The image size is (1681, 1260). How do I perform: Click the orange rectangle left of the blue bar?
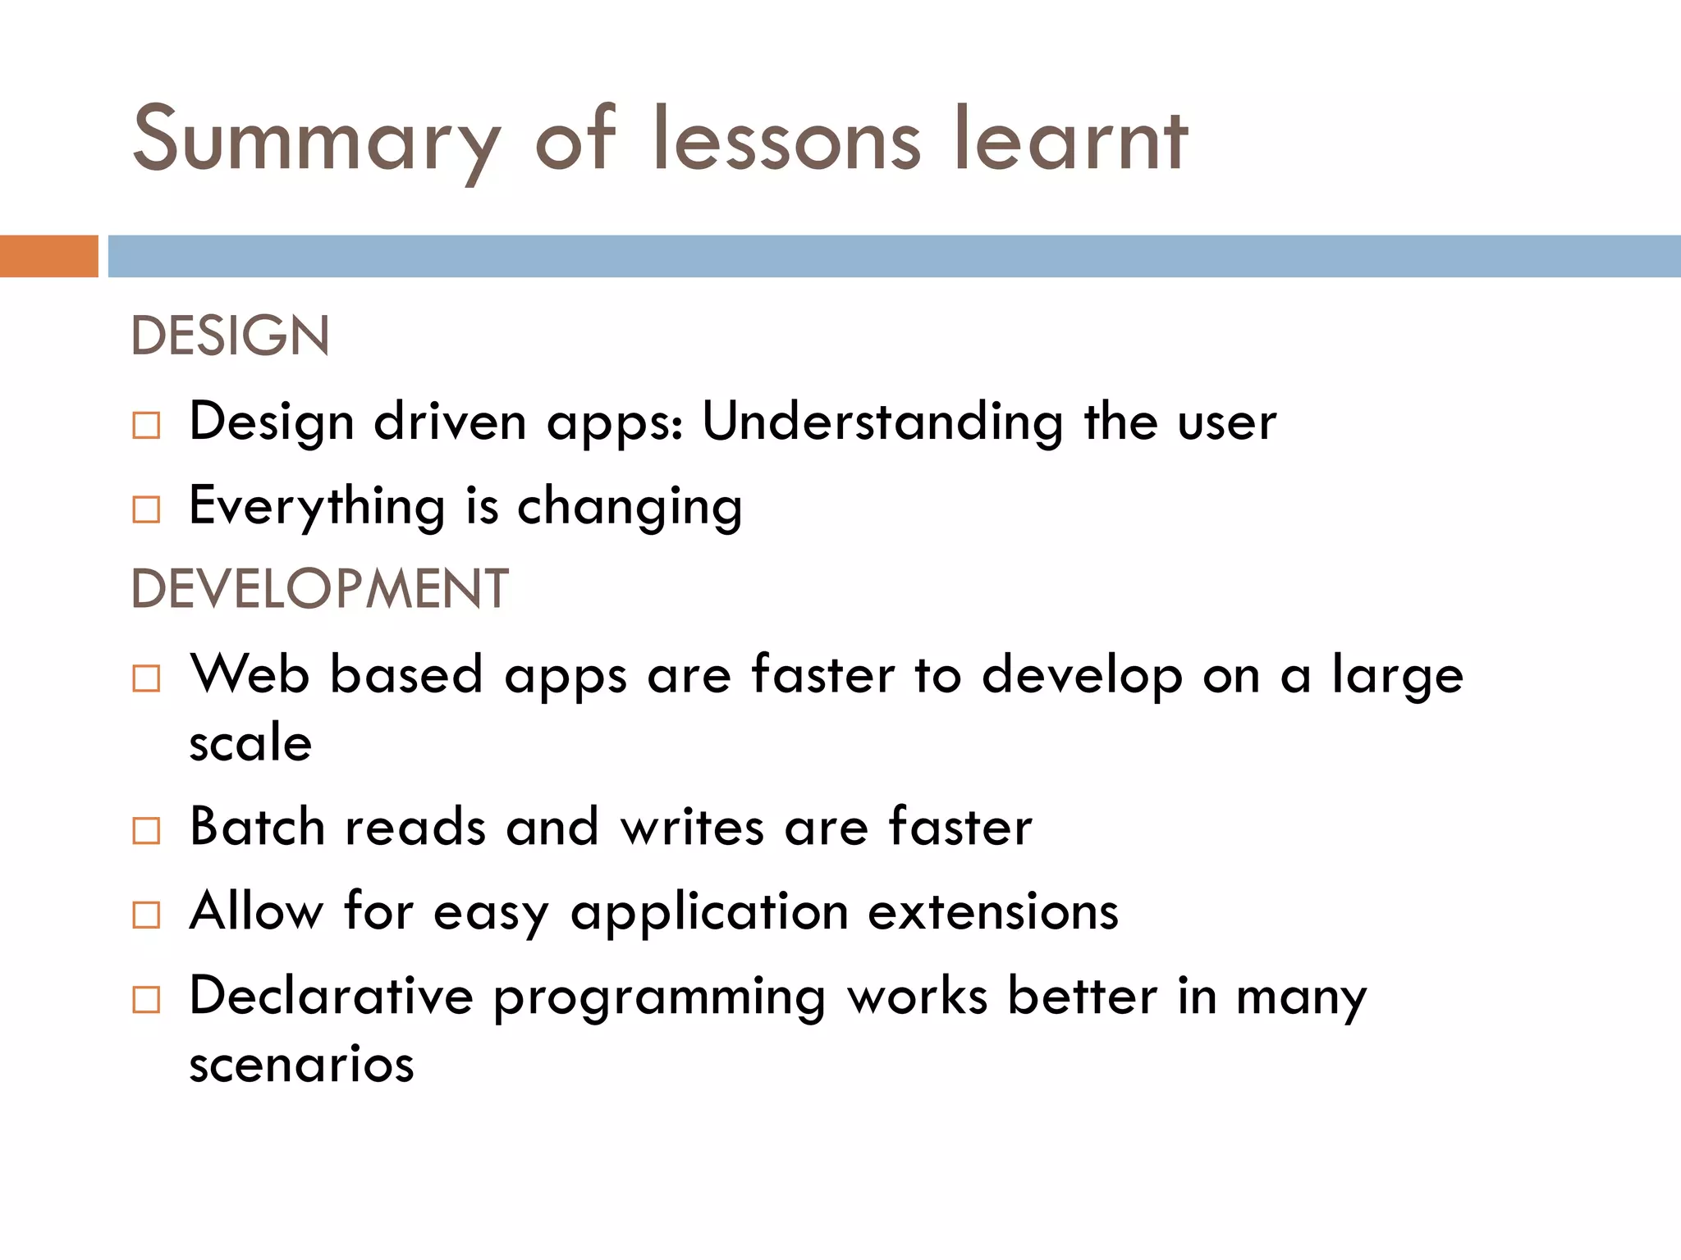tap(48, 256)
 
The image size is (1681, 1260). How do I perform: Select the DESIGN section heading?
tap(230, 336)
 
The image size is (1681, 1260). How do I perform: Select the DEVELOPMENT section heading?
tap(319, 589)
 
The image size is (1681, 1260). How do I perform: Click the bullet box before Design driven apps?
tap(146, 425)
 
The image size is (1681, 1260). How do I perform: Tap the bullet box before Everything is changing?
tap(146, 509)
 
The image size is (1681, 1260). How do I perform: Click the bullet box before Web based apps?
tap(146, 678)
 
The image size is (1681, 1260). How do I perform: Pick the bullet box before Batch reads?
tap(146, 830)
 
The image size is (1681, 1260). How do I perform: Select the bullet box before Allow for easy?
tap(146, 915)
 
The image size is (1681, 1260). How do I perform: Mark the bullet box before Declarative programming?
tap(146, 999)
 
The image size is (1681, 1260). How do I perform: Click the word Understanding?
tap(882, 423)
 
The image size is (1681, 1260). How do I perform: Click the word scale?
tap(250, 743)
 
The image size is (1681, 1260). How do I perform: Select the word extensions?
tap(993, 912)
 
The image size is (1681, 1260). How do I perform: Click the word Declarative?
tap(331, 997)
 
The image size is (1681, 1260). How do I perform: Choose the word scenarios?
tap(301, 1065)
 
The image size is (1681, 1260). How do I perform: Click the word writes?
tap(692, 827)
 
